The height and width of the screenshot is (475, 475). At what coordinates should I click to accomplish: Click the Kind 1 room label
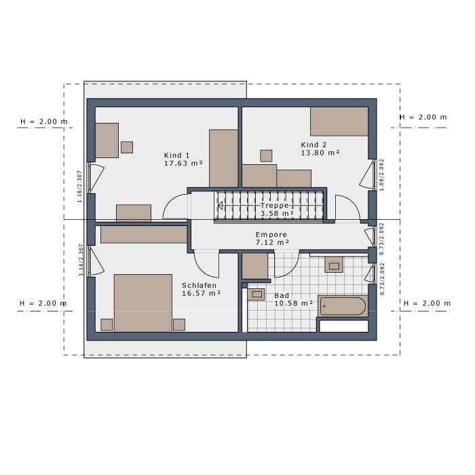(177, 155)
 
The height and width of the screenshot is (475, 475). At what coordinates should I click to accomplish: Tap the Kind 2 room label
(314, 145)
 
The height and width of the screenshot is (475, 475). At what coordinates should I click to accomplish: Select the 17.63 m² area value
(183, 164)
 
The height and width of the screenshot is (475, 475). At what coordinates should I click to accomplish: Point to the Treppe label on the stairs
(275, 205)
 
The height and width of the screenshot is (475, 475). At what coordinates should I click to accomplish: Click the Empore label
(271, 234)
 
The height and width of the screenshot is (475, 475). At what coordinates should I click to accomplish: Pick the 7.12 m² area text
(272, 242)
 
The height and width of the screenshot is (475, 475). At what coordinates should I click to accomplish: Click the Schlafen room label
(199, 285)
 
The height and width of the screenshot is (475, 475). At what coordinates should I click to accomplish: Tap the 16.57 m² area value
(202, 294)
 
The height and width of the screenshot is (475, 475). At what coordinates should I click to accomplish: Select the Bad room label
(282, 296)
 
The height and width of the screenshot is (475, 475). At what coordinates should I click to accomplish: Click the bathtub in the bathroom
(343, 306)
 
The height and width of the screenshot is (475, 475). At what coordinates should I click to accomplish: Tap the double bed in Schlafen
(142, 303)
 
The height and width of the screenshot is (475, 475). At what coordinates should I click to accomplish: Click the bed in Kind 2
(339, 121)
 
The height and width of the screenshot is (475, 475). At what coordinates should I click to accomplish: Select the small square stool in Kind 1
(127, 147)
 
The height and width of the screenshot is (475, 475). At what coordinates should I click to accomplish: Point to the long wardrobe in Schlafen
(143, 234)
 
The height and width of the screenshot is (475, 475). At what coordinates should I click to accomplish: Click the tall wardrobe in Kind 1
(223, 158)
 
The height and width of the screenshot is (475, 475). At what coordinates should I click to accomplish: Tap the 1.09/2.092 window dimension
(382, 174)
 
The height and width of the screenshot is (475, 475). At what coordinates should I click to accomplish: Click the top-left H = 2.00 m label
(44, 122)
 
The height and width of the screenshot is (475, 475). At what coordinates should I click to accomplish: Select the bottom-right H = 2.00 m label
(426, 303)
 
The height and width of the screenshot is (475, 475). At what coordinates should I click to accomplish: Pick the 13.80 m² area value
(320, 153)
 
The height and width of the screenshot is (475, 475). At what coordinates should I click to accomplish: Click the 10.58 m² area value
(293, 304)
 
